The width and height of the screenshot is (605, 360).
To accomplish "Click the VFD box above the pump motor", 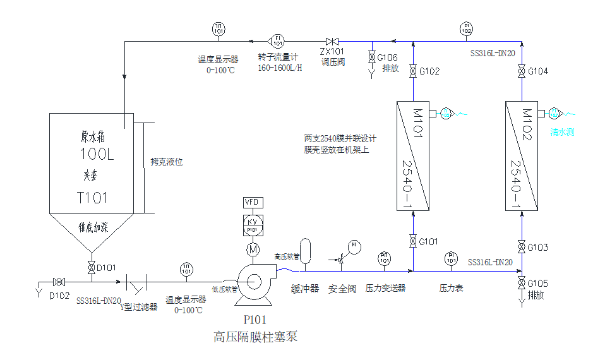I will pos(253,202).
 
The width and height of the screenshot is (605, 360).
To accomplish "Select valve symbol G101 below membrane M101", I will pos(412,241).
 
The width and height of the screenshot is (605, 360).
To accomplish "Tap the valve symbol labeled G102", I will pos(412,71).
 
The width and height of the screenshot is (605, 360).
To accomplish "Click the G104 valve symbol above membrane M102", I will pos(522,71).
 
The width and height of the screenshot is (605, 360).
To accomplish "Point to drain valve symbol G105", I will pos(522,282).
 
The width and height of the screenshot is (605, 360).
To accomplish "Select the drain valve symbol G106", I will pos(371,58).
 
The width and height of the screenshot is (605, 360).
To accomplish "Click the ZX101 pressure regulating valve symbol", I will pos(332,40).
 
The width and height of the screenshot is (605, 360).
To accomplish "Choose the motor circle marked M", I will pos(253,249).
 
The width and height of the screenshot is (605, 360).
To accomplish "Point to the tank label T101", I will pos(92,198).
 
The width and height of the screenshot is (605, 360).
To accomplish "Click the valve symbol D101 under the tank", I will pos(91,267).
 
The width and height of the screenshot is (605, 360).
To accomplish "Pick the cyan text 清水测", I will pos(562,133).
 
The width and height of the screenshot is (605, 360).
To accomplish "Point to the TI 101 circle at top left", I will pos(219,28).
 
